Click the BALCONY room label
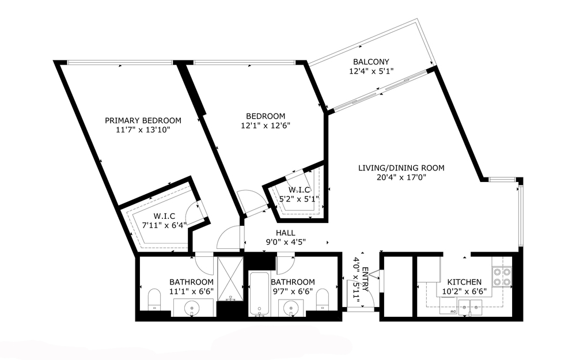click(371, 62)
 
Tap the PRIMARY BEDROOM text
click(143, 120)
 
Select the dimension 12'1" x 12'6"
click(266, 126)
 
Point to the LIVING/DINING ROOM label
click(401, 168)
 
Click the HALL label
click(286, 233)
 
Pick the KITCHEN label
click(464, 282)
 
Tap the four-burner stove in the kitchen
click(502, 277)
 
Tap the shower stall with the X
click(230, 279)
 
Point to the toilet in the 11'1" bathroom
click(154, 299)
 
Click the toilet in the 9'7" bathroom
click(323, 299)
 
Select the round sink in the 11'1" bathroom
click(192, 307)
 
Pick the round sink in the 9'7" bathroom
click(291, 307)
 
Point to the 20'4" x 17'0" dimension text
click(401, 177)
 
